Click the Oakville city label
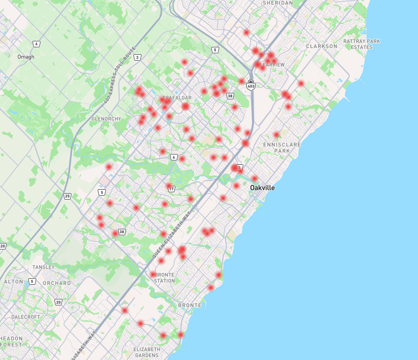(x=262, y=188)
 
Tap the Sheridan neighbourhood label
(x=278, y=3)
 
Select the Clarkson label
(x=321, y=46)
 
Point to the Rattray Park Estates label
(x=361, y=44)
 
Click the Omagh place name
(x=26, y=57)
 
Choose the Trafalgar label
(x=177, y=98)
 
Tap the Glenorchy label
(x=106, y=118)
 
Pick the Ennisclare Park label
(x=282, y=148)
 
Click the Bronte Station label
(x=165, y=278)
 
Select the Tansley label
(x=43, y=267)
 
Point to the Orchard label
(x=57, y=283)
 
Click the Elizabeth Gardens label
(x=146, y=352)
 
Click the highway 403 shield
(x=251, y=85)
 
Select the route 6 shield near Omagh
(x=37, y=44)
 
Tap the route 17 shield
(x=171, y=189)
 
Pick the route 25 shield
(x=67, y=196)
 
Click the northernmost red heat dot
(x=246, y=32)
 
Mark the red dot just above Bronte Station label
(x=153, y=274)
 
